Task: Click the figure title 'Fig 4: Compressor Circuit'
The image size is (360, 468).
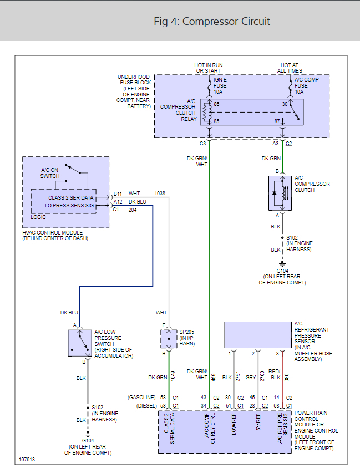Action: [212, 22]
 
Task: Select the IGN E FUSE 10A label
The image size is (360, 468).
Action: [220, 86]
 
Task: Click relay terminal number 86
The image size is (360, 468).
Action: [216, 104]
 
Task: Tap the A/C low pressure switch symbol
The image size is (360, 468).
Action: [80, 343]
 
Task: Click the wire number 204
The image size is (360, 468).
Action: [133, 210]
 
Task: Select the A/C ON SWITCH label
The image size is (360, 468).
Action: [50, 173]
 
